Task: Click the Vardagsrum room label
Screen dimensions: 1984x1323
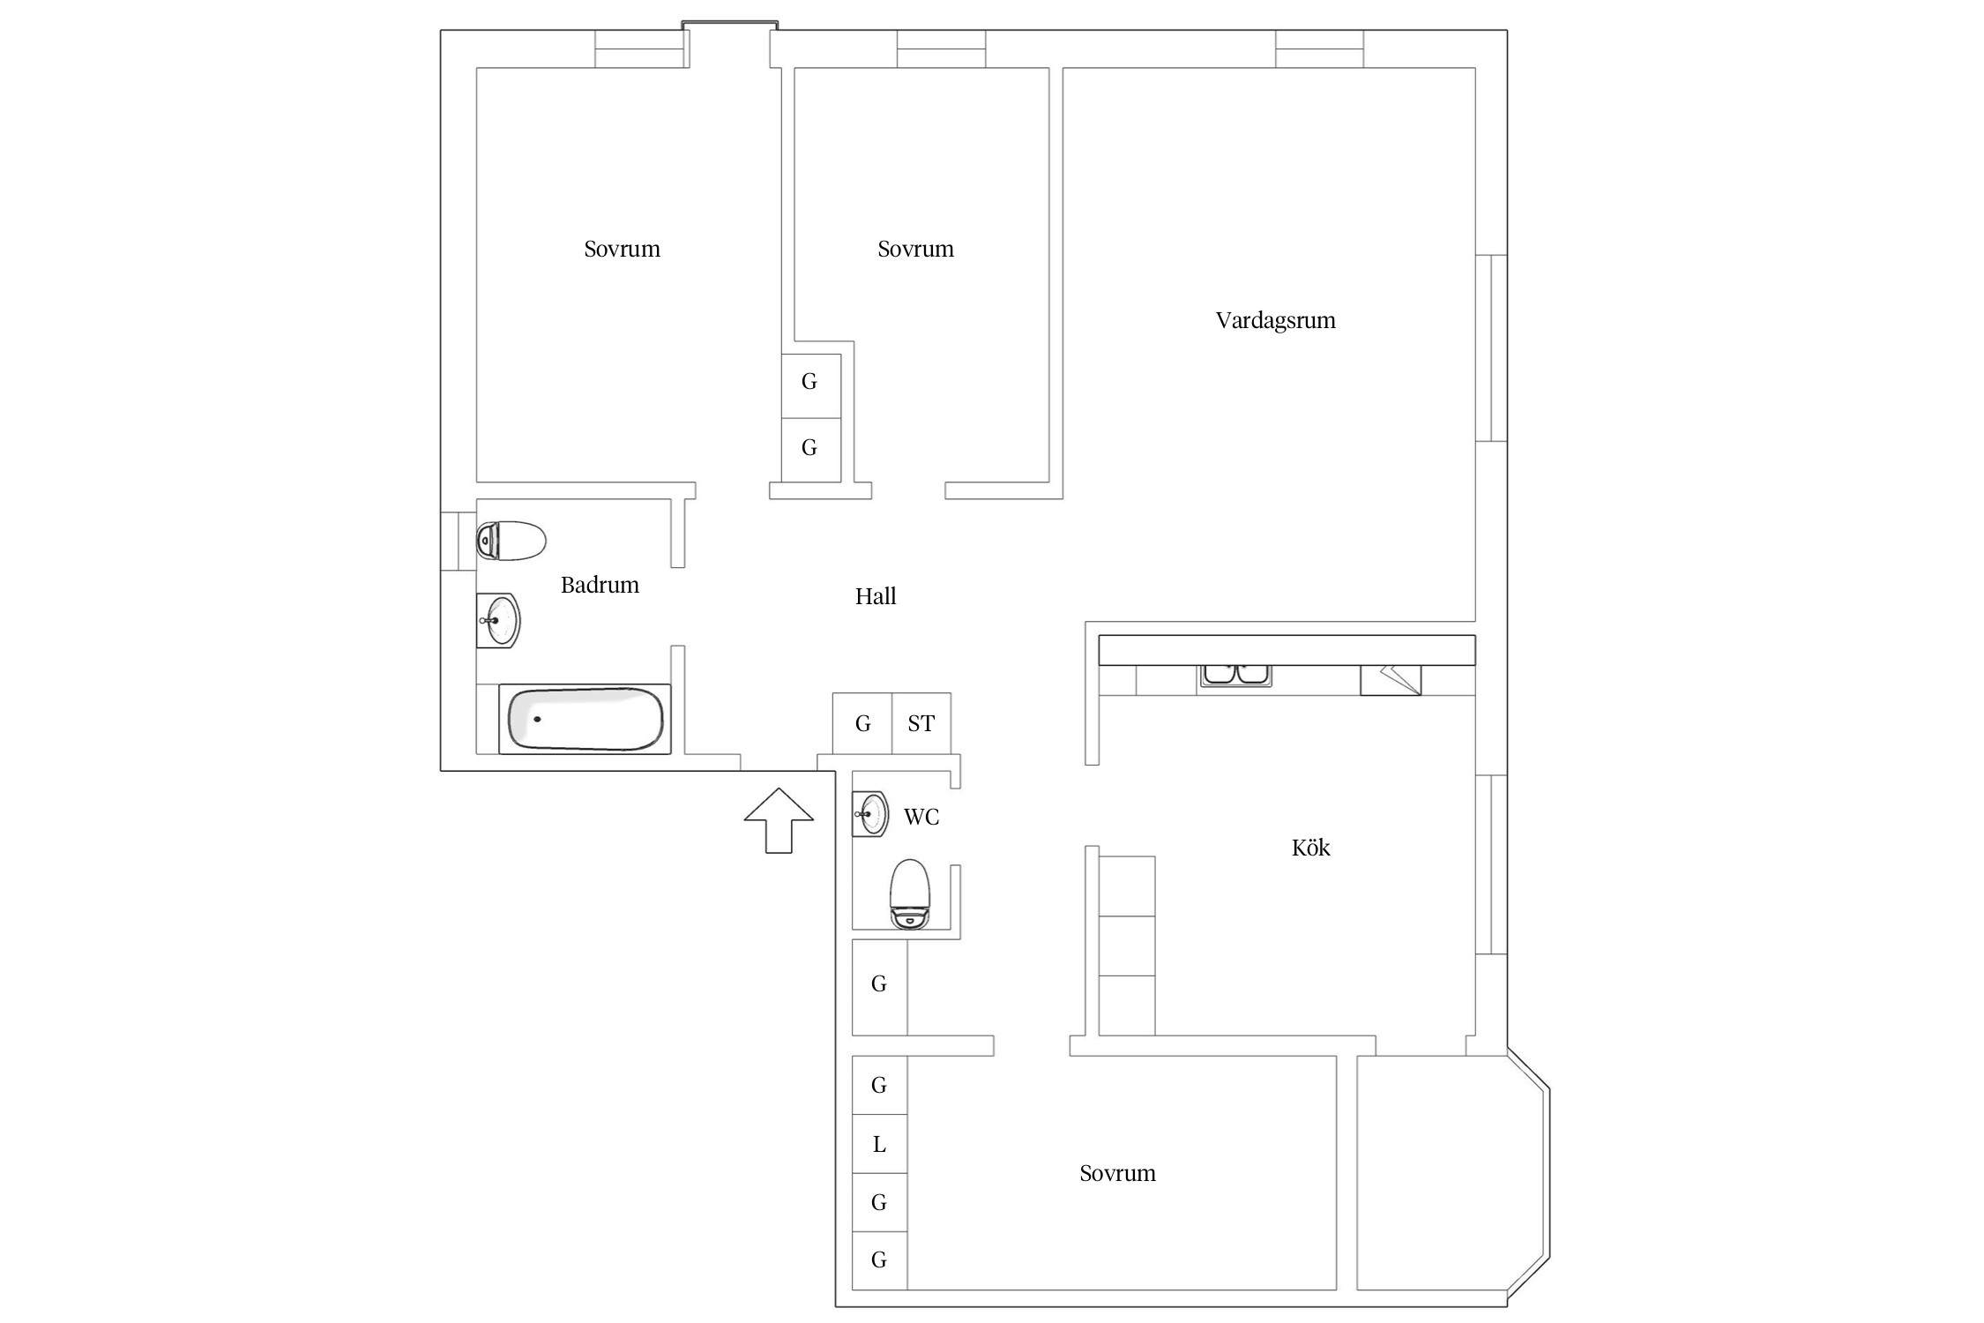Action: pyautogui.click(x=1275, y=320)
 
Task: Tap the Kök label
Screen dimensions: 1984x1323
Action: pyautogui.click(x=1310, y=848)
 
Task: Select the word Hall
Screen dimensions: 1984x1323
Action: pyautogui.click(x=876, y=596)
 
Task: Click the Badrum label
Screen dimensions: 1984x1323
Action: pyautogui.click(x=600, y=585)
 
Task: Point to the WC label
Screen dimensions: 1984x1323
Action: pyautogui.click(x=921, y=817)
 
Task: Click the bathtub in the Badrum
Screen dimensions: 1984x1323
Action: pyautogui.click(x=586, y=719)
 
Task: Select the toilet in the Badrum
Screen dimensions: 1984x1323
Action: pyautogui.click(x=511, y=541)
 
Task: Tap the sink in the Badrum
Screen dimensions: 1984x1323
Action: pyautogui.click(x=498, y=621)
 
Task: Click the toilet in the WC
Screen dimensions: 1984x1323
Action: pyautogui.click(x=910, y=894)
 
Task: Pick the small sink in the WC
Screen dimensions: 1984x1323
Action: pyautogui.click(x=870, y=813)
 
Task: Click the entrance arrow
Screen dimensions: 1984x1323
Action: pyautogui.click(x=779, y=820)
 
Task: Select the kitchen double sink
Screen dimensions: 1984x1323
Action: pyautogui.click(x=1234, y=675)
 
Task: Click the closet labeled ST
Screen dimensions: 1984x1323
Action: pyautogui.click(x=921, y=723)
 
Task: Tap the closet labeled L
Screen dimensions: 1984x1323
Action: pyautogui.click(x=879, y=1144)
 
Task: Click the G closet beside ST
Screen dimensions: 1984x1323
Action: pyautogui.click(x=862, y=723)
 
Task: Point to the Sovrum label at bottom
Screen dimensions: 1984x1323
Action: pyautogui.click(x=1117, y=1173)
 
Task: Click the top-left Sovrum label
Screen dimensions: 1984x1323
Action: pyautogui.click(x=622, y=249)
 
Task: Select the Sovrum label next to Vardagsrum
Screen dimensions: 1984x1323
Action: pyautogui.click(x=915, y=249)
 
